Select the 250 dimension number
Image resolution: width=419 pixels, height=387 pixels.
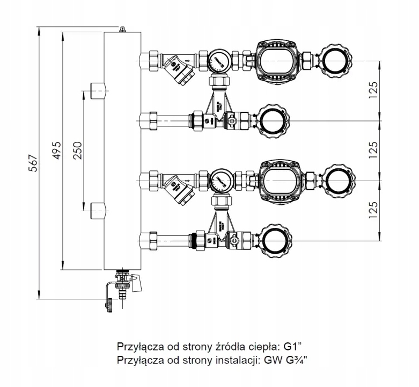(x=78, y=150)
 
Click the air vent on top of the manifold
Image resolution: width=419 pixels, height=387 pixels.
(x=122, y=28)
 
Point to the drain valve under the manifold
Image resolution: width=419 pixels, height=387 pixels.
(x=123, y=285)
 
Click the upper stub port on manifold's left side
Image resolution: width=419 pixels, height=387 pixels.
(x=98, y=91)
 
